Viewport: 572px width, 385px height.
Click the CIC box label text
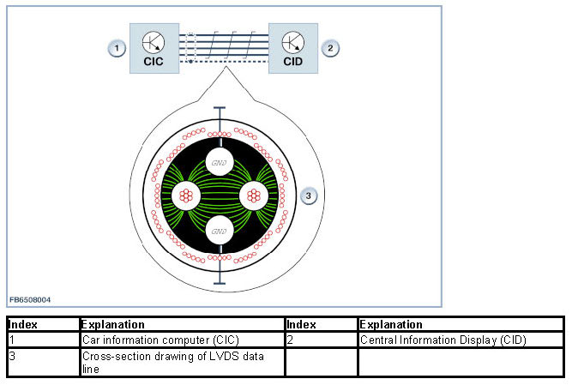point(154,62)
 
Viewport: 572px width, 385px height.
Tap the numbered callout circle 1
point(116,48)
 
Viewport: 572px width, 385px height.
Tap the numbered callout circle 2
point(329,48)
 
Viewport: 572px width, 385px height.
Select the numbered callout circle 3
point(310,196)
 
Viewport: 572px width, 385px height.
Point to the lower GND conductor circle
point(219,230)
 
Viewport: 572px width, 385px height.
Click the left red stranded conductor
point(184,196)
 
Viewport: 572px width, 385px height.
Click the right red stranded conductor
point(253,196)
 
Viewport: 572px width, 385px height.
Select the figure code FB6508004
point(30,299)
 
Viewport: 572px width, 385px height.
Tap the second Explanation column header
point(390,325)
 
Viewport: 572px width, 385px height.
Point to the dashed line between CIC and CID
point(227,62)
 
